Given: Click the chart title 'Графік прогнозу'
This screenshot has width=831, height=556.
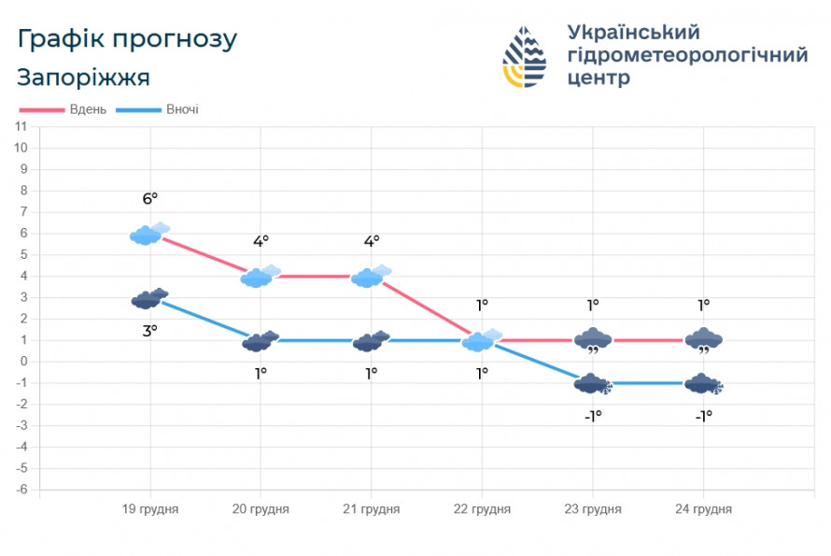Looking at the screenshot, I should tap(127, 39).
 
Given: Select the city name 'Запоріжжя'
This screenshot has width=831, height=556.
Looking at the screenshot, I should tap(83, 77).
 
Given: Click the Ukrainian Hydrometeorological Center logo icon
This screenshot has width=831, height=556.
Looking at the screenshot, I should tap(526, 56).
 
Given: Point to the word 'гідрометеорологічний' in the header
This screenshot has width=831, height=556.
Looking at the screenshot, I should tap(687, 55).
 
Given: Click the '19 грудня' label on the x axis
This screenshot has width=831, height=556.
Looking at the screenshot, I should tap(150, 509).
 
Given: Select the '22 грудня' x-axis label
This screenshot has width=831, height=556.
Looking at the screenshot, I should tap(482, 509).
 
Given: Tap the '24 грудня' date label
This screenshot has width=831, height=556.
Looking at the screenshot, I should tap(703, 509).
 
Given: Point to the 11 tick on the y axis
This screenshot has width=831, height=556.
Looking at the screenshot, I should tap(21, 127).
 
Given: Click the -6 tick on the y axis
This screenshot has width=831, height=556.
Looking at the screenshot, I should tap(21, 490).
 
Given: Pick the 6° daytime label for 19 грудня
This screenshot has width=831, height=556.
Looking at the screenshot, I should tap(150, 198).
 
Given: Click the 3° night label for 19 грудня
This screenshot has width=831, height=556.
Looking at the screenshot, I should tap(150, 329).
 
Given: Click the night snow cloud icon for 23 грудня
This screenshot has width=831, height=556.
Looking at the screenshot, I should tap(593, 384).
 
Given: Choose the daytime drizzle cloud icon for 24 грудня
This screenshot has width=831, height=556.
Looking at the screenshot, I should tap(703, 341).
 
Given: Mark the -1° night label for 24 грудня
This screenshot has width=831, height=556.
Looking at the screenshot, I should tap(703, 416).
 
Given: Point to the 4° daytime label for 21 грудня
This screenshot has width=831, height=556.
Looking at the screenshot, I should tap(372, 241).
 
